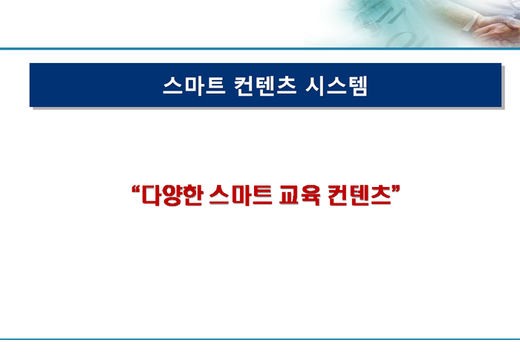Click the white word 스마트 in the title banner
coord(195,86)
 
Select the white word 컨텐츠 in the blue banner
coord(265,86)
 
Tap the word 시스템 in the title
coord(337,86)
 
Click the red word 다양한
coord(172,195)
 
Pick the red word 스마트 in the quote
coord(241,195)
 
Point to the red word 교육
coord(300,195)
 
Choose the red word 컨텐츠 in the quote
coord(359,195)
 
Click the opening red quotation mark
coord(135,189)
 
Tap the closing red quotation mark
coord(396,189)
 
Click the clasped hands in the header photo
coord(498,31)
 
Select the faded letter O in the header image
coord(402,39)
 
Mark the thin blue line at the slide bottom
coord(260,339)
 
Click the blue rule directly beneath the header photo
coord(260,49)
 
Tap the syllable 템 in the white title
coord(358,86)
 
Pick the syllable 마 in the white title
coord(194,86)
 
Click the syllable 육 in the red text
coord(311,195)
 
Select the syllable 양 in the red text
coord(172,195)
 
